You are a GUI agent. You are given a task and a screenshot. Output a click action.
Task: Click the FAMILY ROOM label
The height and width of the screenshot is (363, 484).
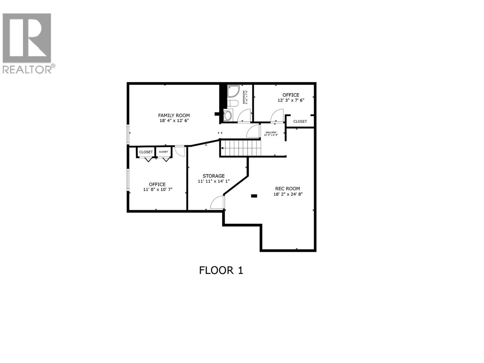174,115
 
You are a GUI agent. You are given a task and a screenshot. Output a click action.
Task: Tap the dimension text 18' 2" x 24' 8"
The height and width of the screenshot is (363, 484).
288,194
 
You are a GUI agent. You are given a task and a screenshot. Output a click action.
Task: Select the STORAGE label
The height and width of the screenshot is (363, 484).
214,176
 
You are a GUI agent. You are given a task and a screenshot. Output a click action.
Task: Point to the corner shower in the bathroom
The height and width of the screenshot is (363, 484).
233,91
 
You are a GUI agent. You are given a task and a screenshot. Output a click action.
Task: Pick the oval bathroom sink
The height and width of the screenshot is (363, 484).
227,115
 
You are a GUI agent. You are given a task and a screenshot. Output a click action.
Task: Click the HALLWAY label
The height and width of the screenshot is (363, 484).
271,132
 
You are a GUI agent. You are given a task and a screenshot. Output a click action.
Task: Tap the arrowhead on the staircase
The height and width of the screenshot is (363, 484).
222,148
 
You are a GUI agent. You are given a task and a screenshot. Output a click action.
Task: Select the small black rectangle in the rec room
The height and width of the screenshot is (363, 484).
254,196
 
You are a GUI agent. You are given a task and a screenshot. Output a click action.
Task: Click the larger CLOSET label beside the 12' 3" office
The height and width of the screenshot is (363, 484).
300,121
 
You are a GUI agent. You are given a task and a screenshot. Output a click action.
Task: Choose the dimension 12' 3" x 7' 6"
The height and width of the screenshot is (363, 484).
291,100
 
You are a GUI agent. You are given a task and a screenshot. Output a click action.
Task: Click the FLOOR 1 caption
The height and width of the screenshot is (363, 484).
221,270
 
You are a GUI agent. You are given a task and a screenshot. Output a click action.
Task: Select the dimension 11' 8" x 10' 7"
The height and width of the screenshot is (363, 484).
157,190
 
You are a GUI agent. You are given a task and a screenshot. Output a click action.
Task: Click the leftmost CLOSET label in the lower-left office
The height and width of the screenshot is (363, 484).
146,152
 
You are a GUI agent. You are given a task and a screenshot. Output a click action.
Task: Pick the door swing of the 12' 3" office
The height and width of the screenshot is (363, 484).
276,116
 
